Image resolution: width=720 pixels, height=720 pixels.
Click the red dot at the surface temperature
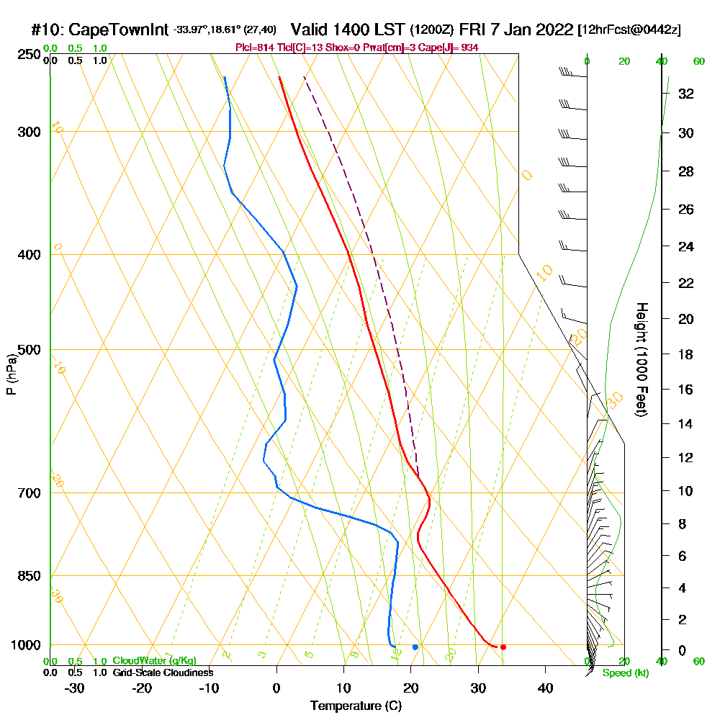click(x=503, y=647)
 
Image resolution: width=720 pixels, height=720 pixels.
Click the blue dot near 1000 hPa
click(x=415, y=647)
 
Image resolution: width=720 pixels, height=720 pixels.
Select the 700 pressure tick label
click(x=27, y=493)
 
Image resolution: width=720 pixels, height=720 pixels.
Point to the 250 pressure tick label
click(x=27, y=54)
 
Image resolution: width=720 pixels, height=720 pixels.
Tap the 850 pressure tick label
click(x=27, y=576)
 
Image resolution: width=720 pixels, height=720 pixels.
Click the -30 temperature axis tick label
click(x=75, y=688)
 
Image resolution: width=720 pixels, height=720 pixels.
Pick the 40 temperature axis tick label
click(x=545, y=688)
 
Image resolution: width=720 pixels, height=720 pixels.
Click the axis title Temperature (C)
click(x=356, y=706)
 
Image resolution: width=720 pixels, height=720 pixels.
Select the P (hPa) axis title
click(x=11, y=374)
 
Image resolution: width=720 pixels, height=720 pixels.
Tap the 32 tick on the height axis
click(x=686, y=94)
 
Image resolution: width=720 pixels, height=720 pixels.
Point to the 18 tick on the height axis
click(x=686, y=354)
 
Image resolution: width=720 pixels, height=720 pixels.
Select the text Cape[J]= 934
click(x=454, y=48)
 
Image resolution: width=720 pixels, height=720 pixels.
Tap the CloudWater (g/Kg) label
click(x=154, y=661)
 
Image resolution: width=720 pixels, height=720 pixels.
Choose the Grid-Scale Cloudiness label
click(x=163, y=672)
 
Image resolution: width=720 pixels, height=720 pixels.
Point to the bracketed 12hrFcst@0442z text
click(x=629, y=30)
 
